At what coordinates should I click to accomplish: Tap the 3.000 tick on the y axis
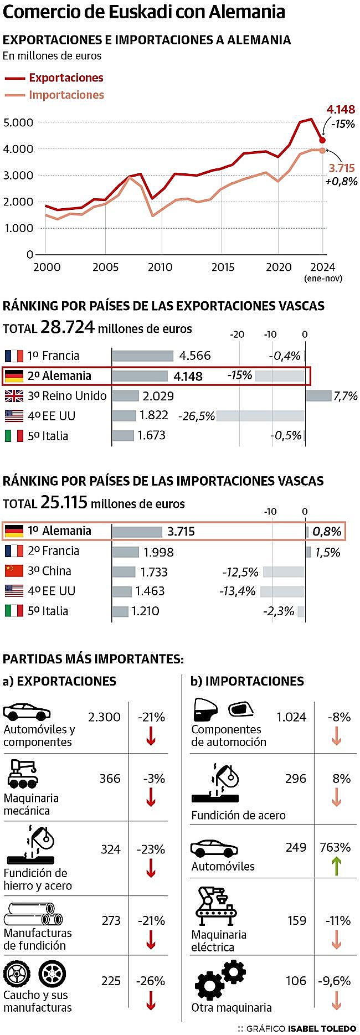click(x=18, y=176)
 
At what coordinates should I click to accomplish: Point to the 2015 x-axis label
click(x=223, y=267)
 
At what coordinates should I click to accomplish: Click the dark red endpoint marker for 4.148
click(x=322, y=140)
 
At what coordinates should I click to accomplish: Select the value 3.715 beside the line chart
click(x=341, y=168)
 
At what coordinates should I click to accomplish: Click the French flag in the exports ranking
click(x=14, y=356)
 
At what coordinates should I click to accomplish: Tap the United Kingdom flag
click(x=14, y=396)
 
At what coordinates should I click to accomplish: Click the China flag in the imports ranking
click(x=14, y=570)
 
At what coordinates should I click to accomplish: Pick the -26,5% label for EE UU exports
click(x=196, y=416)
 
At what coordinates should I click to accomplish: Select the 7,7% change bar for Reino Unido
click(x=318, y=395)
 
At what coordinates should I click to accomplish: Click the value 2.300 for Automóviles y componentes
click(x=104, y=717)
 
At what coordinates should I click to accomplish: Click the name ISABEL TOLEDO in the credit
click(x=322, y=1028)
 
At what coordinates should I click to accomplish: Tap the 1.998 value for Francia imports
click(x=158, y=552)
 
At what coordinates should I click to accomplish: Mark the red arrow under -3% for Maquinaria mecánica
click(x=151, y=797)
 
